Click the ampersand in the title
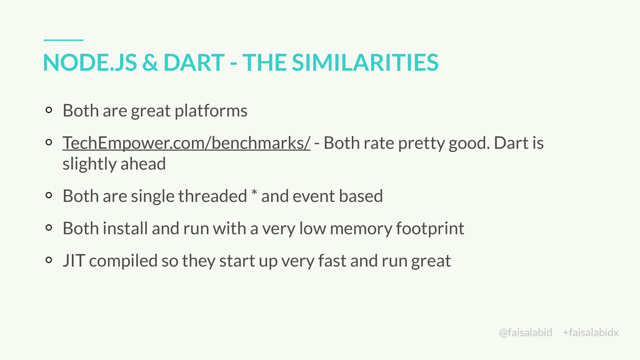(150, 62)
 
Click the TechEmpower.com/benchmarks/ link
(186, 143)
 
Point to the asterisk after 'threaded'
(254, 195)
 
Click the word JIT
(74, 261)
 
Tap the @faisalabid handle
(526, 332)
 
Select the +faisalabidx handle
(591, 332)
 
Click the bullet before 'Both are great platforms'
(49, 111)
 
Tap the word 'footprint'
(430, 228)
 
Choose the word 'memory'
(361, 228)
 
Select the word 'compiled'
(123, 261)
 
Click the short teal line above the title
(63, 39)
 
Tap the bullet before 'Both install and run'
(49, 229)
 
